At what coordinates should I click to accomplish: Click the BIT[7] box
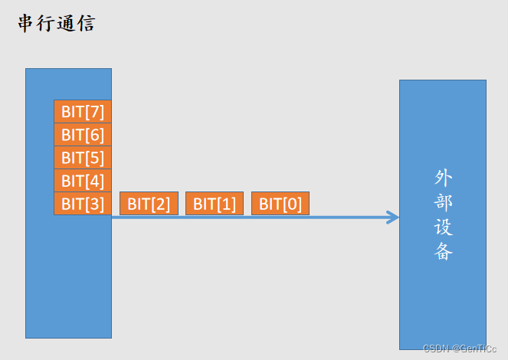click(x=83, y=112)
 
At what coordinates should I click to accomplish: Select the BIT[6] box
click(x=83, y=135)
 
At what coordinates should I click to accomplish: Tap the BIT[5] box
click(x=83, y=158)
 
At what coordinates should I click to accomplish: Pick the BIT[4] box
click(x=83, y=181)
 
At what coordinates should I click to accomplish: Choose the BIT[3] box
click(x=83, y=204)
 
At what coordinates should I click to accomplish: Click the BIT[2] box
click(x=149, y=204)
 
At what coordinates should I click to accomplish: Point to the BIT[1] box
click(x=215, y=204)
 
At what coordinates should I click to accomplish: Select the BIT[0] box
click(x=280, y=204)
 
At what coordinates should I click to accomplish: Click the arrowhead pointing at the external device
click(x=394, y=218)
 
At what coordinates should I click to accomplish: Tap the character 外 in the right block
click(x=443, y=178)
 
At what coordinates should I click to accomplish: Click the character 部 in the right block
click(x=443, y=203)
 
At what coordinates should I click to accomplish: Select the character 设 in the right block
click(x=443, y=227)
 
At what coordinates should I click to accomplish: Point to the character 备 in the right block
click(x=443, y=252)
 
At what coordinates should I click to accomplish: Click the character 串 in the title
click(x=27, y=24)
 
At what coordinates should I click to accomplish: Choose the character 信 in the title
click(x=86, y=24)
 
